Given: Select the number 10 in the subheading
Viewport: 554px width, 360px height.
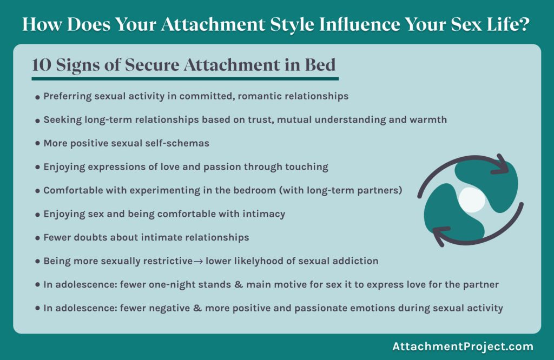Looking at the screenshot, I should pyautogui.click(x=41, y=65).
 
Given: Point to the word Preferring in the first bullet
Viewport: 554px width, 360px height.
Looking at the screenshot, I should pyautogui.click(x=68, y=96).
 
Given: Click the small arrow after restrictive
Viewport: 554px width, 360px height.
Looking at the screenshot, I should pyautogui.click(x=198, y=261).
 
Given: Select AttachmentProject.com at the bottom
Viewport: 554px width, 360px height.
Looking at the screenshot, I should pyautogui.click(x=463, y=346).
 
